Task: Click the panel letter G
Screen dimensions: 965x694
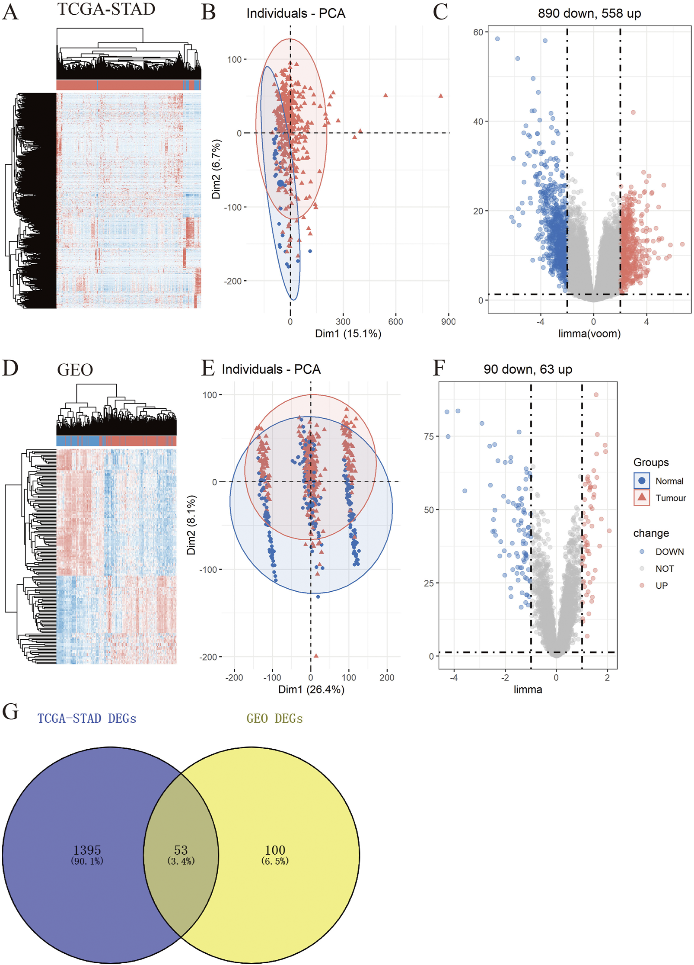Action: pos(10,712)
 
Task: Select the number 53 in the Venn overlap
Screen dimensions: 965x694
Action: pos(181,850)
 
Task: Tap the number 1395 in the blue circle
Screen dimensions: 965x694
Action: pos(87,850)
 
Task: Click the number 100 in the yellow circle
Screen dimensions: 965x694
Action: pos(275,850)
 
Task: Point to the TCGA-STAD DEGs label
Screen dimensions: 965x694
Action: pos(86,718)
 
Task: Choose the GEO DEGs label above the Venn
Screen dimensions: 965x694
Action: pos(274,718)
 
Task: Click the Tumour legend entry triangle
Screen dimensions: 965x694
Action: pos(642,497)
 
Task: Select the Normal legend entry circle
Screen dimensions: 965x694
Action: pos(642,481)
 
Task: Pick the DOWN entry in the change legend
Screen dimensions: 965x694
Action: pos(669,551)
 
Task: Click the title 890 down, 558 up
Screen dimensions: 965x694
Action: pos(589,13)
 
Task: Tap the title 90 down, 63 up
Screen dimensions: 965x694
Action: pos(528,369)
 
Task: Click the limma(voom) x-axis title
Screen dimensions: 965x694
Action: pos(589,333)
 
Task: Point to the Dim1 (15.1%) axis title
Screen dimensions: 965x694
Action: pos(348,333)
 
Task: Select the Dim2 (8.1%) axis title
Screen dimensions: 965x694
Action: pos(191,525)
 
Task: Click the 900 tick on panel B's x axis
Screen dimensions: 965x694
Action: pos(448,321)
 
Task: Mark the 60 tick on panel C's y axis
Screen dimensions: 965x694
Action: pos(478,32)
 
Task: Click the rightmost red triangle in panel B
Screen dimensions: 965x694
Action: pos(440,96)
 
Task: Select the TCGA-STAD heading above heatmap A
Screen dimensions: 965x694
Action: pos(106,9)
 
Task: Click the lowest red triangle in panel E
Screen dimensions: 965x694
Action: pos(316,656)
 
